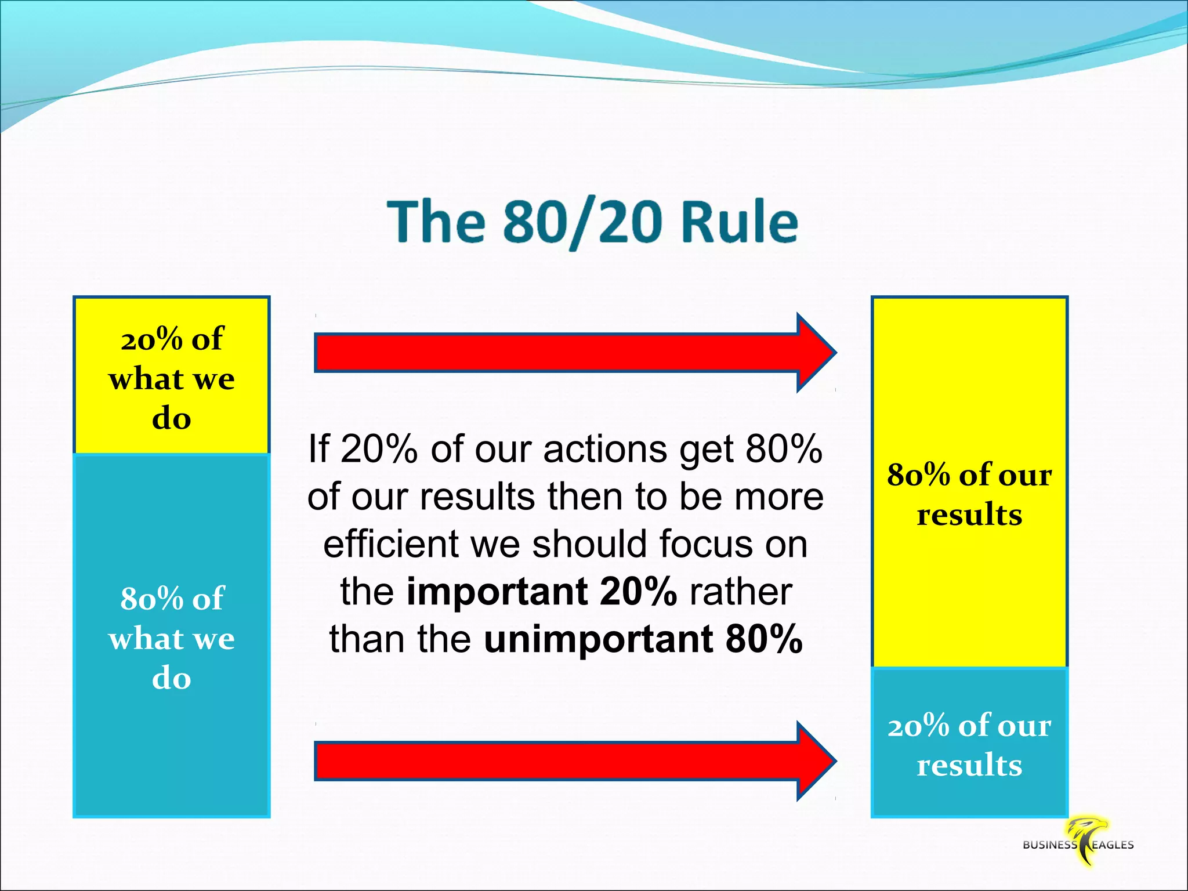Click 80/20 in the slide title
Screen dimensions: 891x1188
coord(582,223)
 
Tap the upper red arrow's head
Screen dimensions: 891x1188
coord(815,352)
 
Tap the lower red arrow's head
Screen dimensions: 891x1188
coord(815,760)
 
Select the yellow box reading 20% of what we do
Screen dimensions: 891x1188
coord(172,376)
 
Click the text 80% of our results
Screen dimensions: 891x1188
coord(969,494)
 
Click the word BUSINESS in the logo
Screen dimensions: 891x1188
coord(1049,845)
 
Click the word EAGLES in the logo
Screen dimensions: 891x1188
coord(1113,845)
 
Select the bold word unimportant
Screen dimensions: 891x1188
coord(598,639)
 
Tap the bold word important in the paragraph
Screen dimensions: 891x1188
coord(496,591)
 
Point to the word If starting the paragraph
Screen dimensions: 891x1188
coord(319,449)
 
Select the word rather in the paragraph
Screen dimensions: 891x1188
coord(741,591)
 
